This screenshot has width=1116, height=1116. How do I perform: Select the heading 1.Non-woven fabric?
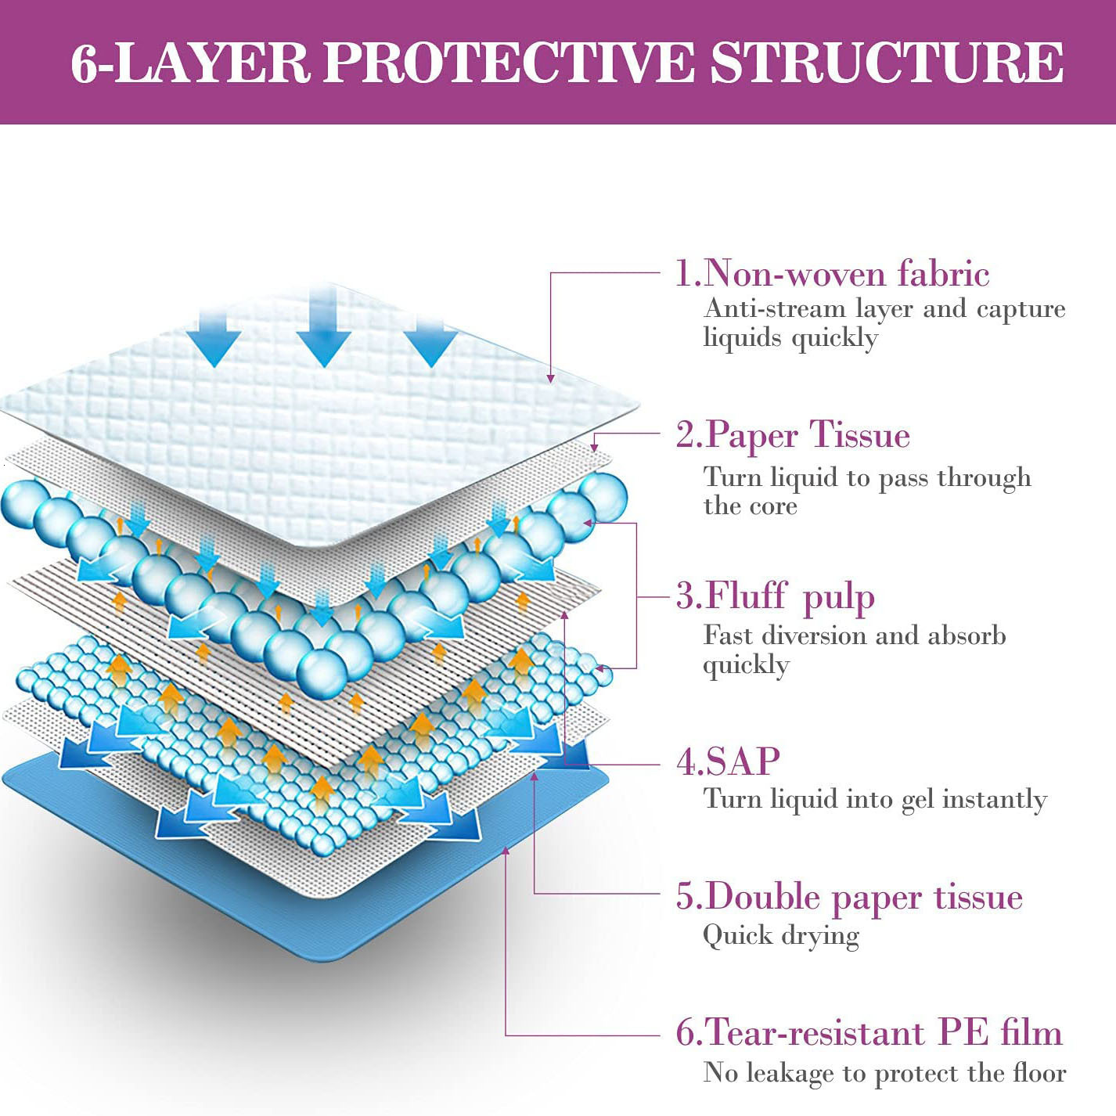(x=832, y=273)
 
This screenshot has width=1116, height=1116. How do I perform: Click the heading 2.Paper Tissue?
(x=793, y=435)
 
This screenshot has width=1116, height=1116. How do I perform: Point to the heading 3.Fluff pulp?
(x=775, y=597)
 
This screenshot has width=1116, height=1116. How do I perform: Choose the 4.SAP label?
(x=728, y=761)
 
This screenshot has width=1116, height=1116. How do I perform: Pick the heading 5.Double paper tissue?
(x=849, y=897)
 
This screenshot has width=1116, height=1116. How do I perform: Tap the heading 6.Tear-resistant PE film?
(x=869, y=1033)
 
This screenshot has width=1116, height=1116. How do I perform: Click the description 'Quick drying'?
(x=781, y=935)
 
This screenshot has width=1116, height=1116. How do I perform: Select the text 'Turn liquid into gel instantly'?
(x=875, y=799)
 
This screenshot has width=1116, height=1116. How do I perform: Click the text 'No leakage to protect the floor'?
(x=884, y=1072)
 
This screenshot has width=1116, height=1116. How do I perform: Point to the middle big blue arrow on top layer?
(x=323, y=333)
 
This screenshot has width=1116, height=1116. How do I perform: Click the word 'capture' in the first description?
(x=1021, y=309)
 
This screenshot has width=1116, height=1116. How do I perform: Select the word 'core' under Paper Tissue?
(x=772, y=506)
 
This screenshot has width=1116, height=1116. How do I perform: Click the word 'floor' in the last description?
(x=1039, y=1072)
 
